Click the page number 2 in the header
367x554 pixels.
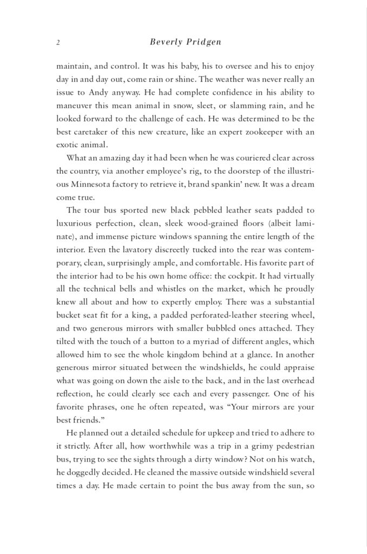pyautogui.click(x=58, y=42)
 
